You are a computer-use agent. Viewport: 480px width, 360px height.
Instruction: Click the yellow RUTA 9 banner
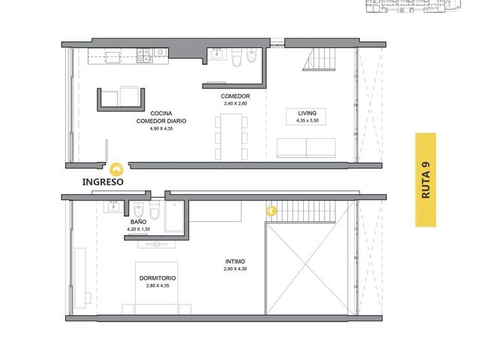click(425, 180)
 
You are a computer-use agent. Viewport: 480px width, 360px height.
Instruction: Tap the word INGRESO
click(103, 181)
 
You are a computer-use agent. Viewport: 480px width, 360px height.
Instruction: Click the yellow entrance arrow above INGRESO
click(116, 169)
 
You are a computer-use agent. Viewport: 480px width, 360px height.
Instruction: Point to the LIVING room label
click(307, 113)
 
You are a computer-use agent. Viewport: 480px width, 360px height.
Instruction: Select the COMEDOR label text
click(235, 96)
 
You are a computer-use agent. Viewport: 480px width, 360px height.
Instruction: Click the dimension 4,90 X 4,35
click(161, 128)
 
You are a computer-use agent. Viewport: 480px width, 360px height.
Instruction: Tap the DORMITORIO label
click(157, 278)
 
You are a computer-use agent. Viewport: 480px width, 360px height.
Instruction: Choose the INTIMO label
click(235, 262)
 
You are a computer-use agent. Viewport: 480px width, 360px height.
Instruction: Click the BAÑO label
click(138, 222)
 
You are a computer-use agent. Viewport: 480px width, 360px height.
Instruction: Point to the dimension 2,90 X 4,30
click(235, 268)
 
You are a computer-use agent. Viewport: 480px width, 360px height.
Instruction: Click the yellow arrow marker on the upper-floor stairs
click(271, 211)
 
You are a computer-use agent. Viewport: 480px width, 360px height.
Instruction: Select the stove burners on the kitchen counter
click(145, 55)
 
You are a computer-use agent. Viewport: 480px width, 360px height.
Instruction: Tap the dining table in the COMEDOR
click(231, 137)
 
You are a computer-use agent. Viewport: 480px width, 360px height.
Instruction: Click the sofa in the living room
click(306, 148)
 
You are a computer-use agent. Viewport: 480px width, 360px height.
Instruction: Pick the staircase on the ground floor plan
click(319, 59)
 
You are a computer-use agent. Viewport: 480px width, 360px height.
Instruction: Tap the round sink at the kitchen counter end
click(160, 52)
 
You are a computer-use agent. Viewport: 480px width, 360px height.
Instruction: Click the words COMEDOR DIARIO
click(161, 121)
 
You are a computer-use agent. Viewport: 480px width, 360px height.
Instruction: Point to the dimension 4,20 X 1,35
click(138, 229)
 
